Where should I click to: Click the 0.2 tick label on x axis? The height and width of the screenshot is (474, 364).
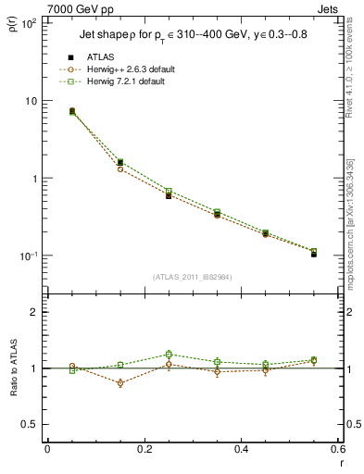(144, 451)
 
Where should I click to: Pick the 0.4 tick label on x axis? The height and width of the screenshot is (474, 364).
(241, 451)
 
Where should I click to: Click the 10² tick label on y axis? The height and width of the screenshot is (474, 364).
(28, 23)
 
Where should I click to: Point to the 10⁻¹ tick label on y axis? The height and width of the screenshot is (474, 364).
(28, 256)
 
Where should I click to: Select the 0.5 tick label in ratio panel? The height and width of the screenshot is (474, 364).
(30, 424)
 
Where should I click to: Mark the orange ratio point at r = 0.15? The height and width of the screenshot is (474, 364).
(120, 383)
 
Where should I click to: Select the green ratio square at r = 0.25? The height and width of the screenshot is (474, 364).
(169, 354)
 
